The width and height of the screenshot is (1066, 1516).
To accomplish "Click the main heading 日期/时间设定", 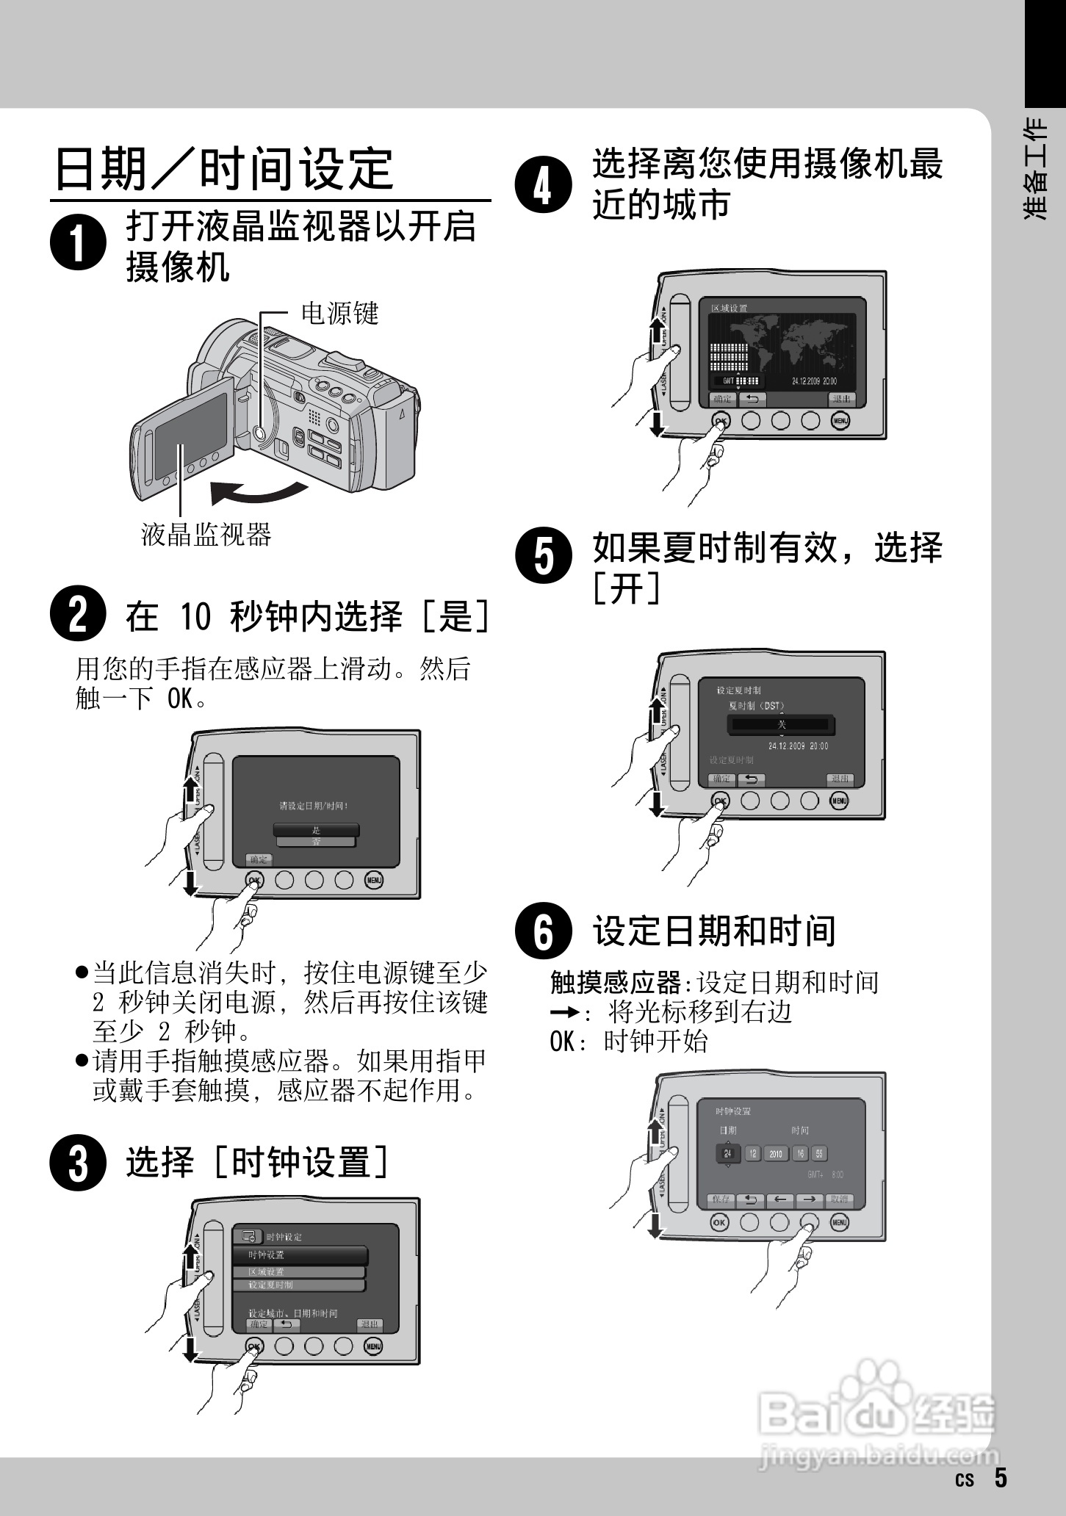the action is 225,168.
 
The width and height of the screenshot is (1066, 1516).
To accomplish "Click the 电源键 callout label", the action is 340,314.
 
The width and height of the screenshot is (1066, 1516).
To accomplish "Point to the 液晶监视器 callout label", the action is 206,535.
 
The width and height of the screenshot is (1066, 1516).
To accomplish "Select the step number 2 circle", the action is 79,615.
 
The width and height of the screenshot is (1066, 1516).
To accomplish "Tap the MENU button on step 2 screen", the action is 374,880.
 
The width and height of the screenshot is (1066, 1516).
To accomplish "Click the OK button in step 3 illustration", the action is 253,1346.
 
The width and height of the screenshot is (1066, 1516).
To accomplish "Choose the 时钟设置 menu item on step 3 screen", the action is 300,1255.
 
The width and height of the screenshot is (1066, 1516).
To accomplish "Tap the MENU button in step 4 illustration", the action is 840,421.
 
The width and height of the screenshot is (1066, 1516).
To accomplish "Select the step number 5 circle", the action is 543,555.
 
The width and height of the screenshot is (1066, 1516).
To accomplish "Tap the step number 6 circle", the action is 543,932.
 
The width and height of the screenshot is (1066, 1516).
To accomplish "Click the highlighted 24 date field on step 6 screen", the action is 727,1154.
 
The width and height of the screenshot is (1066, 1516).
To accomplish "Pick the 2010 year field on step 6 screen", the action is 775,1154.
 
